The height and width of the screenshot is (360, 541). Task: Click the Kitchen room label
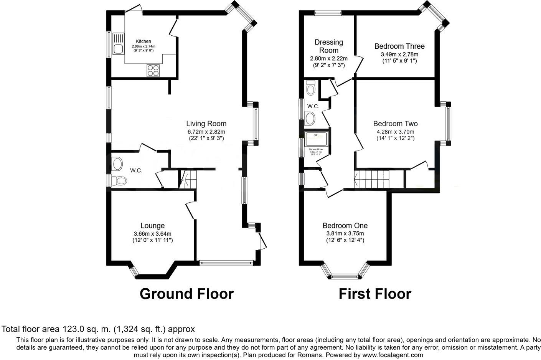point(143,41)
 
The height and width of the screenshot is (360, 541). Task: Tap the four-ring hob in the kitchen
point(153,70)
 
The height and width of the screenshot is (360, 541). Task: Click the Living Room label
point(206,124)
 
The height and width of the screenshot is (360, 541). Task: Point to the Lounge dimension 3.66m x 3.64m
point(152,234)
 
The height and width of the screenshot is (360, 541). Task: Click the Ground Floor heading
point(186,294)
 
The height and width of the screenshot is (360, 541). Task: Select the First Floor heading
point(374,294)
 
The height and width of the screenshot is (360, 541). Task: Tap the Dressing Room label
point(329,46)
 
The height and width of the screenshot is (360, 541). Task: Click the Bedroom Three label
point(399,46)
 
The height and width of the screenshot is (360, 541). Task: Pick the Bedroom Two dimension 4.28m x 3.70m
point(395,132)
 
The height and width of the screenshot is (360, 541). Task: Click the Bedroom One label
point(345,226)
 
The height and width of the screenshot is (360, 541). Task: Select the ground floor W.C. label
point(136,170)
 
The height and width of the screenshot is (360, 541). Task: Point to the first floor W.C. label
point(313,106)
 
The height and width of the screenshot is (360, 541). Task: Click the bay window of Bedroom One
point(345,275)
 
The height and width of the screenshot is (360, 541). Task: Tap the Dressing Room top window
point(328,13)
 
